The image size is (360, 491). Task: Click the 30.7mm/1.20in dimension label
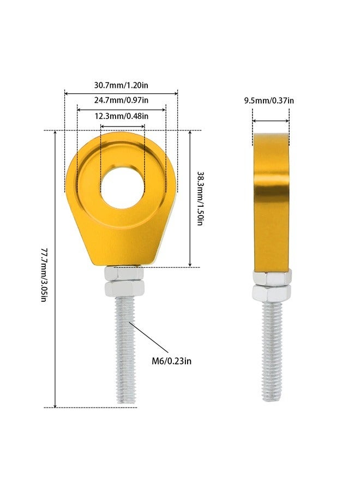point(121,85)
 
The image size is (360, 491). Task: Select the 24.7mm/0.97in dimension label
point(121,100)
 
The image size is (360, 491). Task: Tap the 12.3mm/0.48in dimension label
point(122,116)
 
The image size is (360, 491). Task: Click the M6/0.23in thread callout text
point(172,361)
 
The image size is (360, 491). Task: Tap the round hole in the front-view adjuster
point(122,187)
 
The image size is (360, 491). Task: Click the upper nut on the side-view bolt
point(272,279)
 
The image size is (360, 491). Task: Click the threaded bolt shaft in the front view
point(124,349)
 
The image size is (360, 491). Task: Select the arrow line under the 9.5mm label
point(271,121)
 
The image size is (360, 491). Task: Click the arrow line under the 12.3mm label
point(122,127)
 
